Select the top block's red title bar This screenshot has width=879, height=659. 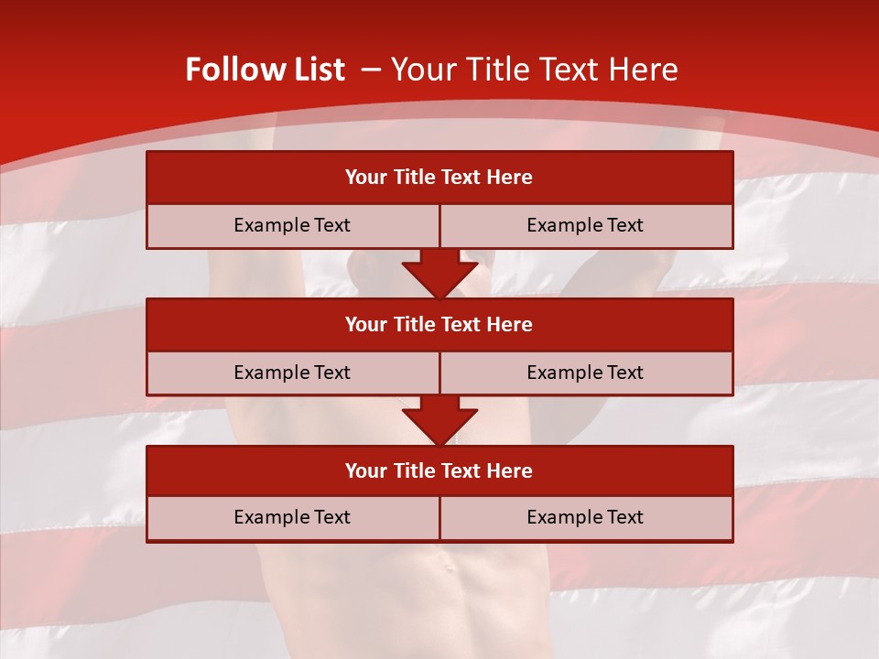439,178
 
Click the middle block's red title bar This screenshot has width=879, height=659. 439,325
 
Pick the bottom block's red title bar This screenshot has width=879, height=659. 439,471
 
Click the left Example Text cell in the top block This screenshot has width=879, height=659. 292,225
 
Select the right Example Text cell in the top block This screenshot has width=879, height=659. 585,225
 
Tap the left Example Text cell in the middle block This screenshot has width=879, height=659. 292,373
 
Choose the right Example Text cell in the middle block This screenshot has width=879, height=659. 585,373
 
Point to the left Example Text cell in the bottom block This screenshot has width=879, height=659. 292,517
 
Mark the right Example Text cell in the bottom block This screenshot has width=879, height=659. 585,517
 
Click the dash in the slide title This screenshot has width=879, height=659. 371,70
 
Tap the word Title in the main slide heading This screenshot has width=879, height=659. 495,70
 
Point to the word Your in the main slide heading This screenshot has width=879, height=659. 425,70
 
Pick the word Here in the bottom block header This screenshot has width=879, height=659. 510,471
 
